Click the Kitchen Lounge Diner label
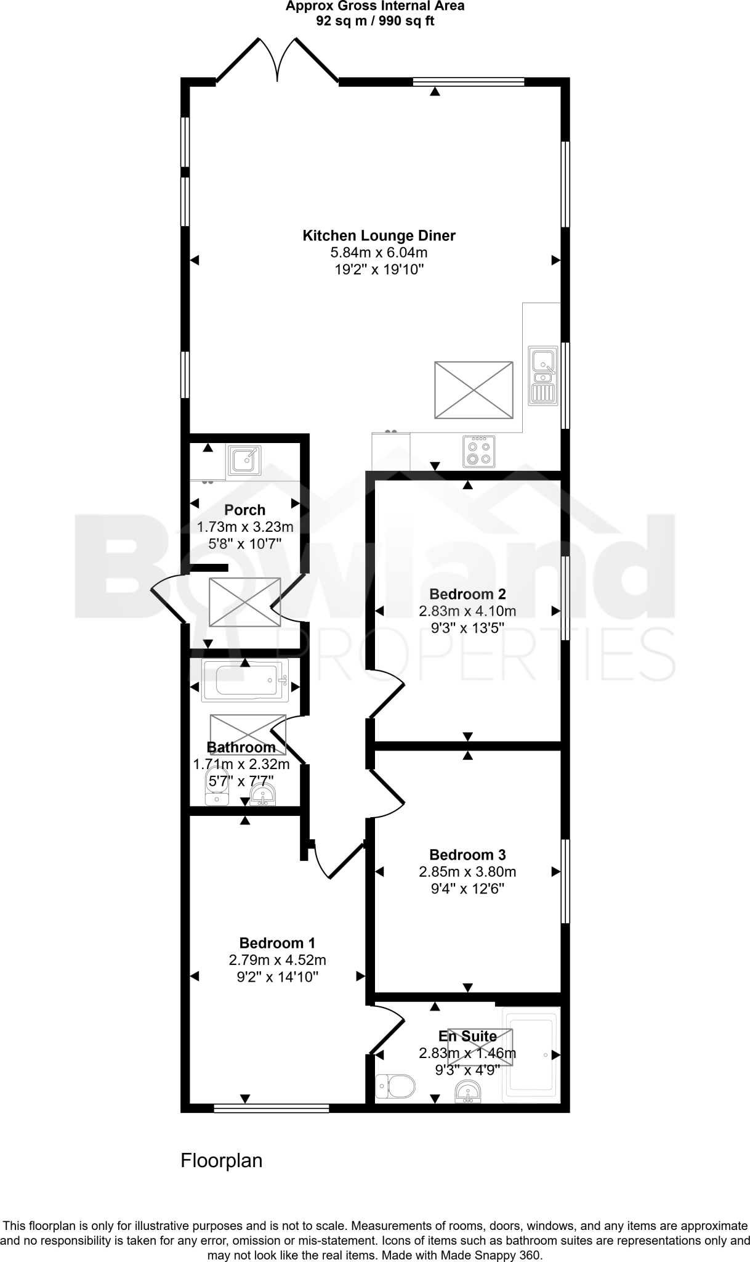pos(379,235)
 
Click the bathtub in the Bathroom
pos(245,681)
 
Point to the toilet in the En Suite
pos(396,1086)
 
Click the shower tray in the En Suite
pos(531,1055)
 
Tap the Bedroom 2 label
pos(467,594)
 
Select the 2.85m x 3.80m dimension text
pos(467,872)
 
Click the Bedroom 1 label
pos(277,943)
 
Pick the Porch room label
pos(244,510)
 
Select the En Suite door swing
pos(388,1028)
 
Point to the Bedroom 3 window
pos(565,881)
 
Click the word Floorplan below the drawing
pos(221,1161)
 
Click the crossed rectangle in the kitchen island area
pos(474,390)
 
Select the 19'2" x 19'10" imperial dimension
pos(379,269)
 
